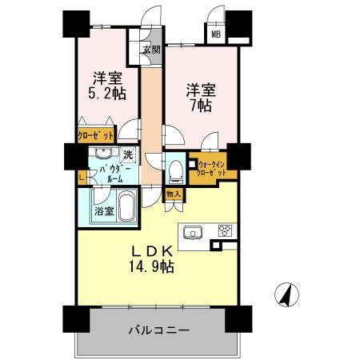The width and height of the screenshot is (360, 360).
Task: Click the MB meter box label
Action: point(216,34)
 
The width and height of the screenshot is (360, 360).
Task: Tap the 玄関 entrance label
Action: point(152,51)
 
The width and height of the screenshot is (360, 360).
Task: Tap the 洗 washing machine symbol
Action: point(127,154)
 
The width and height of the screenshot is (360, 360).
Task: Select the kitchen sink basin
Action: point(193,232)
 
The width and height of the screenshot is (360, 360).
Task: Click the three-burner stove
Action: point(225,232)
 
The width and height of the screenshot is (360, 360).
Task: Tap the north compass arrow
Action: point(283,294)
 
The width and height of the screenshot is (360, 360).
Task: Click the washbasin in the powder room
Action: point(102,154)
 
